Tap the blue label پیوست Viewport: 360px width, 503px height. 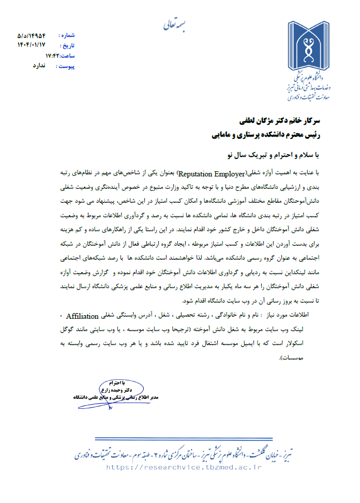(66, 66)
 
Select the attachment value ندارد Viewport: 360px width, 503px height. (39, 66)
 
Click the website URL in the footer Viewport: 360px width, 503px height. (184, 466)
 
